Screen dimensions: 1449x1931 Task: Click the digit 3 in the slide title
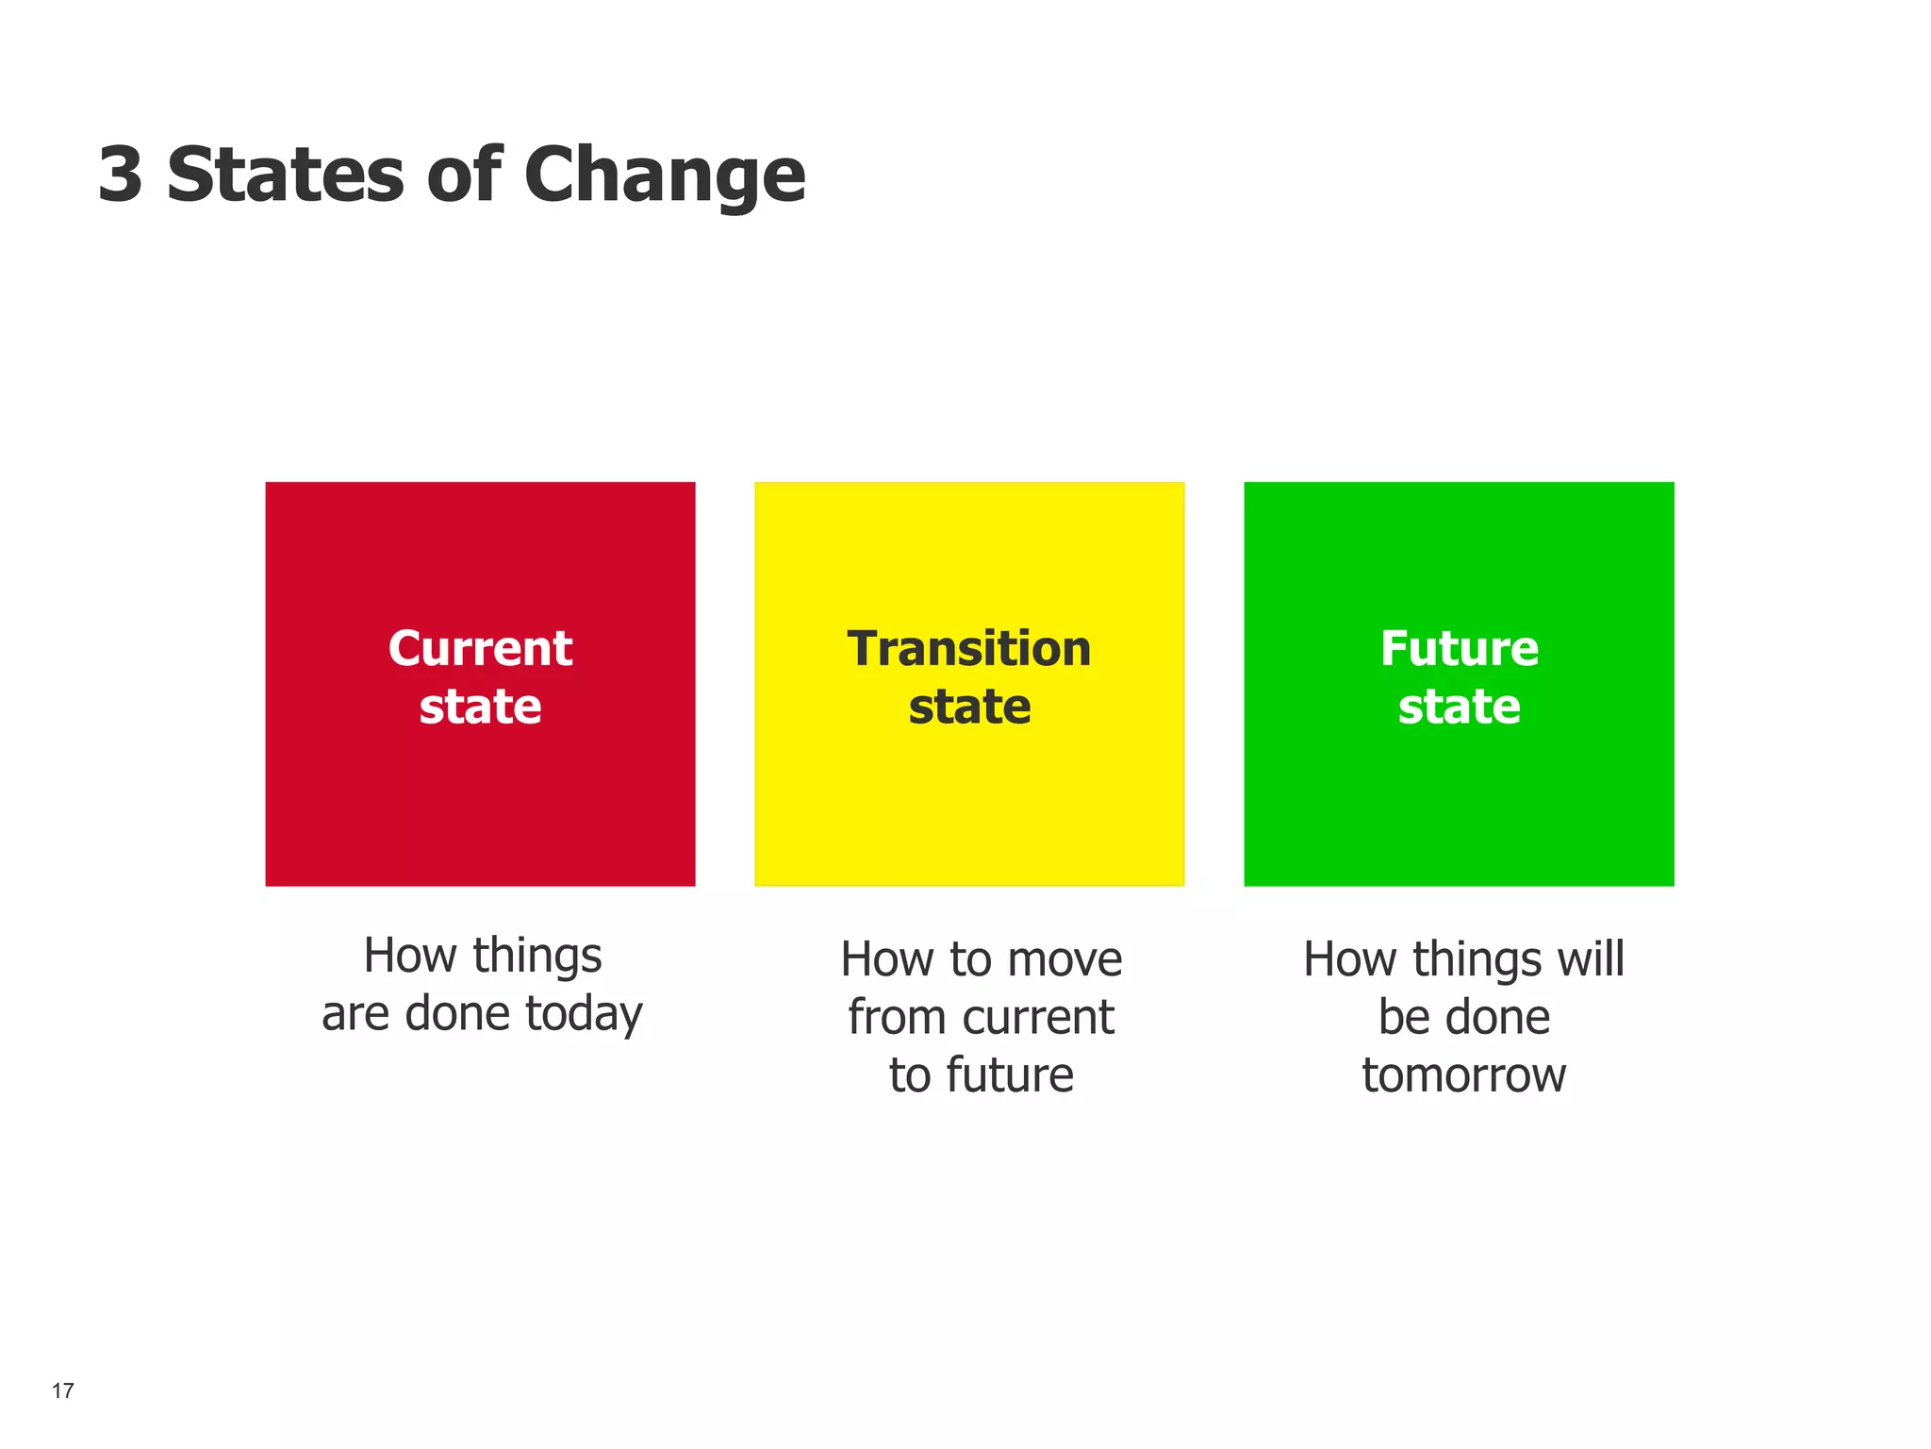tap(121, 175)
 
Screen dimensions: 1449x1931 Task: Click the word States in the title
tap(285, 175)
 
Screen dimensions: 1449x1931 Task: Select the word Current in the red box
tap(480, 649)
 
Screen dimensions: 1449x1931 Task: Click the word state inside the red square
tap(480, 708)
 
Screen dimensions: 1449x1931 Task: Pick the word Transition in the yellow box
tap(969, 649)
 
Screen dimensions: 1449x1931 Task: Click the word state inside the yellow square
tap(969, 708)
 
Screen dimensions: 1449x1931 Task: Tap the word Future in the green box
tap(1459, 649)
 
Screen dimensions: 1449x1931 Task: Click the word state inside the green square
tap(1459, 708)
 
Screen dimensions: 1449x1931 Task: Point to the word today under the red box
tap(584, 1015)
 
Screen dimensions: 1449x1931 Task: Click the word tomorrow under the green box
tap(1463, 1075)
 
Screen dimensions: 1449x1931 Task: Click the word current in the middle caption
tap(1038, 1018)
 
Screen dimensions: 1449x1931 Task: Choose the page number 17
tap(62, 1391)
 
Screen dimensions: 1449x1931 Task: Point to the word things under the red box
tap(536, 958)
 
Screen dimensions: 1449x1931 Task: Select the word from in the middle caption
tap(896, 1018)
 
